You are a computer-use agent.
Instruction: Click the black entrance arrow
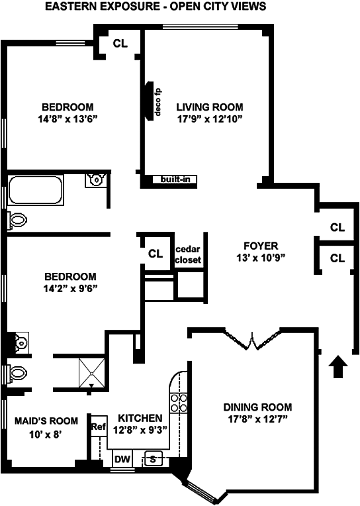pos(338,366)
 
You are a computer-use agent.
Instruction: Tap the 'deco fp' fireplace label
pos(157,102)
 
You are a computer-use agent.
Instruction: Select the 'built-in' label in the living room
pos(175,179)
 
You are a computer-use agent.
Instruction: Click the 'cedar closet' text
pos(188,254)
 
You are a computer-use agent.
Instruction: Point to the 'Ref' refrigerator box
pos(99,427)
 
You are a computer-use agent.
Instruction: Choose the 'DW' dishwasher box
pos(122,459)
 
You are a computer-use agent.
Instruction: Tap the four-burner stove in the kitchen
pos(179,403)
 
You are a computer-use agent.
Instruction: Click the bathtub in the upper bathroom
pos(36,189)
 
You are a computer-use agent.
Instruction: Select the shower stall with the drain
pos(92,372)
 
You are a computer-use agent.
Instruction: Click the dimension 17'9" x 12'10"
pos(210,119)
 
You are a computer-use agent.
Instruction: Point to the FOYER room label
pos(261,246)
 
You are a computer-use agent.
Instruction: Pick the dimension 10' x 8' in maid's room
pos(46,434)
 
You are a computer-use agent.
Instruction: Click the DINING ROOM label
pos(257,407)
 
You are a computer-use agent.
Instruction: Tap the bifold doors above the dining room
pos(252,339)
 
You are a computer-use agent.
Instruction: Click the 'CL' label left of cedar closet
pos(156,254)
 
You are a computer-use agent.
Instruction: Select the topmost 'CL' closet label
pos(120,43)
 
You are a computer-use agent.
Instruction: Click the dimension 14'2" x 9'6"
pos(71,289)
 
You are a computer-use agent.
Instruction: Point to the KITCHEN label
pos(140,418)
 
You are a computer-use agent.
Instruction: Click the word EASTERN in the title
pos(66,6)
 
